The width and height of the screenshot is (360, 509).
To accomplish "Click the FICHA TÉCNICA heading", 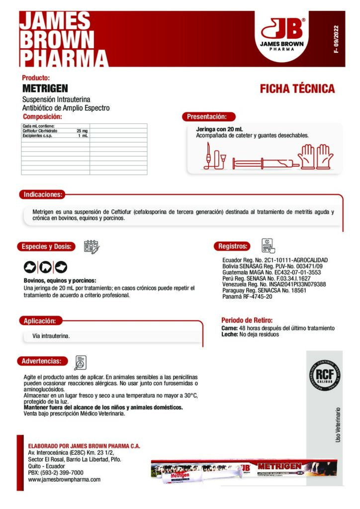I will [297, 89].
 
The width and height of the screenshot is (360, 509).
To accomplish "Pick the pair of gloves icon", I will [318, 156].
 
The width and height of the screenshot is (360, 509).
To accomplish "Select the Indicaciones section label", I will [43, 194].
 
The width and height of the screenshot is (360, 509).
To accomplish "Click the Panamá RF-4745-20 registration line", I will [247, 297].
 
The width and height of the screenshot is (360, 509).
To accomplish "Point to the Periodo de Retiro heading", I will [247, 321].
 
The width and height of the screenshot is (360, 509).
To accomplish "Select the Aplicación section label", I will [43, 321].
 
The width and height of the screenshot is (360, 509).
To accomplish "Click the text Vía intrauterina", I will [51, 337].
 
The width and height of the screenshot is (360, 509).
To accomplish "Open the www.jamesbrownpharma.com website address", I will [64, 480].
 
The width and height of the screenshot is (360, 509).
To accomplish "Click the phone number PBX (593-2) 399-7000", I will [55, 473].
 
